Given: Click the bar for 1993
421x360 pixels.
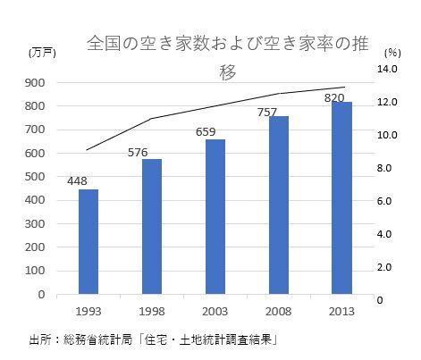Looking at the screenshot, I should pyautogui.click(x=88, y=241).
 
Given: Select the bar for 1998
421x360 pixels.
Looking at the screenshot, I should pyautogui.click(x=152, y=226).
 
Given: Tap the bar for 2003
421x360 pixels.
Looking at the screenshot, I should pyautogui.click(x=215, y=216).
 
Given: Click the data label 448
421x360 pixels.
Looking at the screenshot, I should pyautogui.click(x=77, y=181).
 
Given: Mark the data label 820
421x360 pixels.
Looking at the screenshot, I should pyautogui.click(x=334, y=96).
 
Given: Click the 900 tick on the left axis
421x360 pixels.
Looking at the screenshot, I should pyautogui.click(x=36, y=83).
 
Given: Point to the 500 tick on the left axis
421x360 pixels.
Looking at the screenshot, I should pyautogui.click(x=36, y=177).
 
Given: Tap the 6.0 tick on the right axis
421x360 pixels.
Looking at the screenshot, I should pyautogui.click(x=385, y=201).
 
